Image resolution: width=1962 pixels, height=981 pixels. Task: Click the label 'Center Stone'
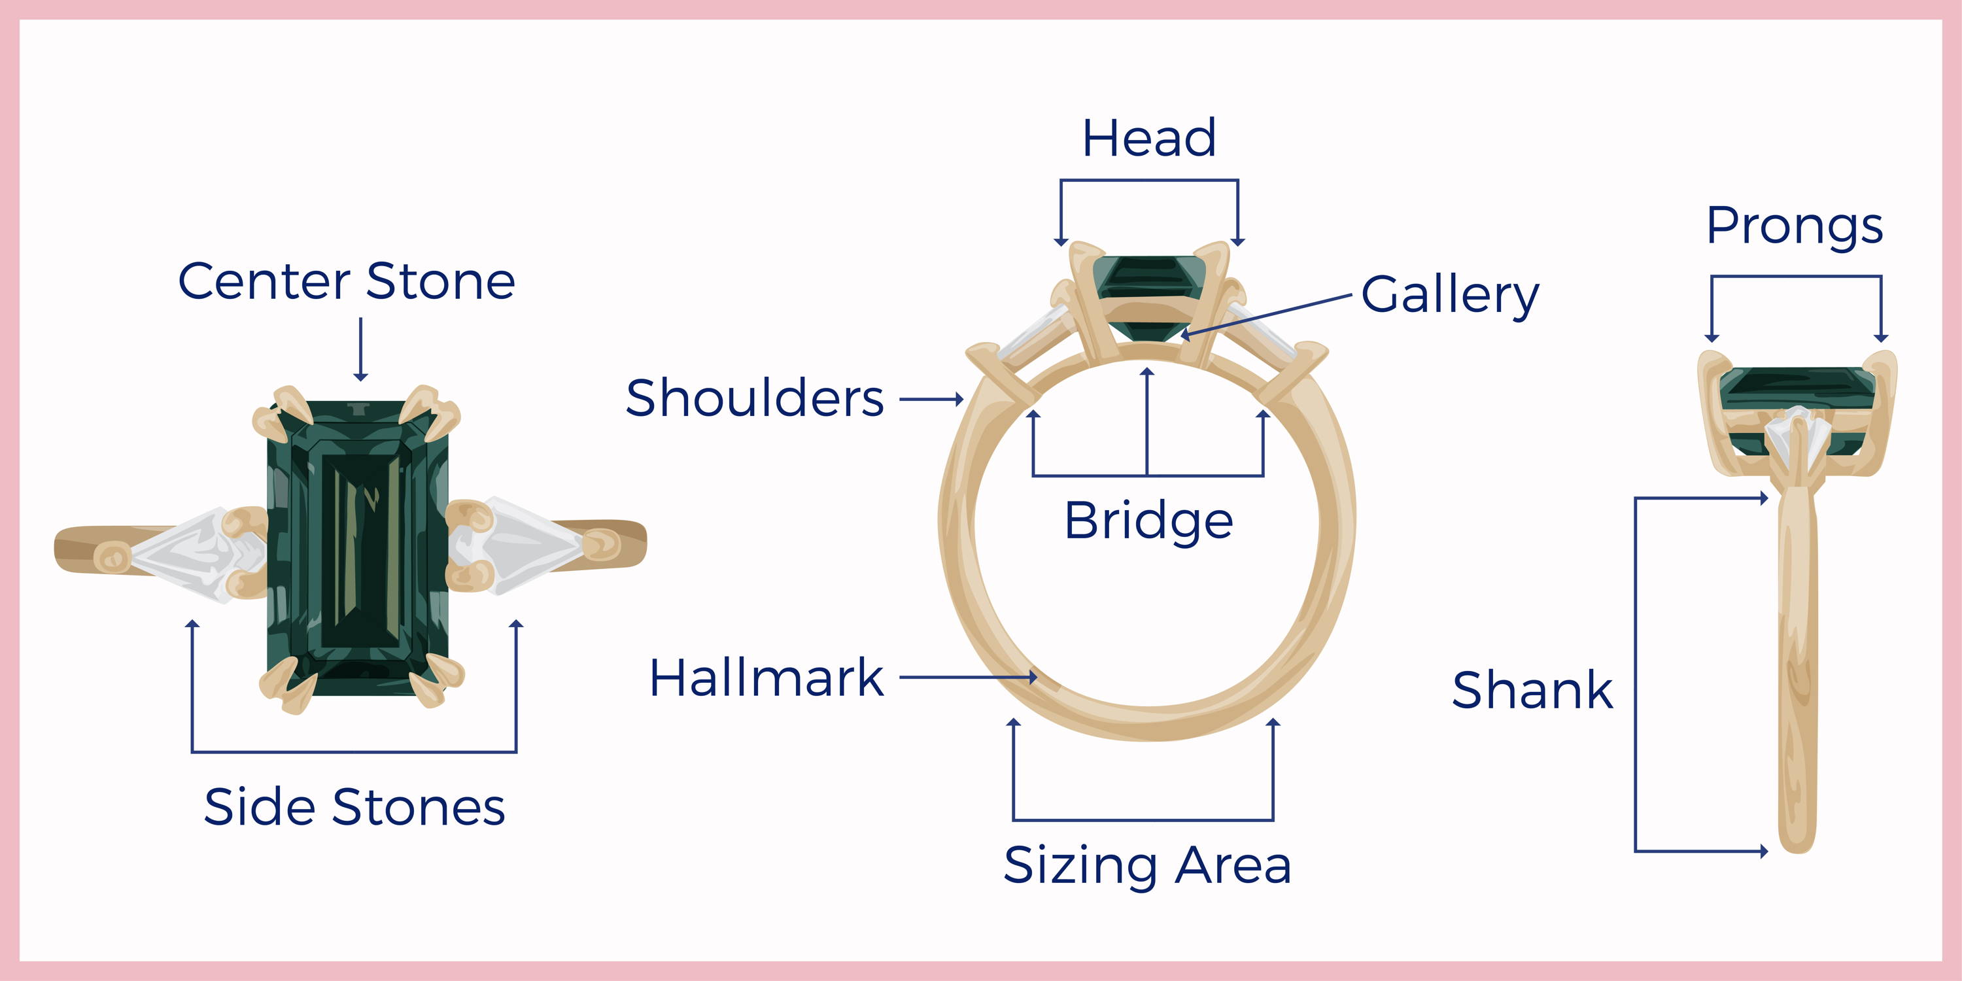pyautogui.click(x=347, y=281)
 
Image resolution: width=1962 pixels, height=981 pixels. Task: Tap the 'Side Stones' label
pyautogui.click(x=354, y=806)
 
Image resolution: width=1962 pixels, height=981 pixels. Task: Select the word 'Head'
pyautogui.click(x=1149, y=139)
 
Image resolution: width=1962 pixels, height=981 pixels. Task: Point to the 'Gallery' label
pyautogui.click(x=1449, y=296)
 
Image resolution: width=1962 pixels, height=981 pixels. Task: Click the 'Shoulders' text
pyautogui.click(x=755, y=398)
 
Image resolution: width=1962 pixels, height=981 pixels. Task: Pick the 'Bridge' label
pyautogui.click(x=1148, y=521)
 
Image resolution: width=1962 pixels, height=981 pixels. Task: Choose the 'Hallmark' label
pyautogui.click(x=766, y=677)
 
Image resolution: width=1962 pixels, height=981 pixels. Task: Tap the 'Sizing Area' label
pyautogui.click(x=1147, y=867)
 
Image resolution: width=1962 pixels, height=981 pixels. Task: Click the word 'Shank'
pyautogui.click(x=1532, y=690)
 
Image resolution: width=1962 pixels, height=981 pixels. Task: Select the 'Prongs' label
pyautogui.click(x=1795, y=227)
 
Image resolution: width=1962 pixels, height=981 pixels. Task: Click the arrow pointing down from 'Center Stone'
pyautogui.click(x=361, y=349)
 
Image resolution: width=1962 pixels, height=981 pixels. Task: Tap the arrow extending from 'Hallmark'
pyautogui.click(x=968, y=676)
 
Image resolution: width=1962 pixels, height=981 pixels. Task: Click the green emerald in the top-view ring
pyautogui.click(x=358, y=549)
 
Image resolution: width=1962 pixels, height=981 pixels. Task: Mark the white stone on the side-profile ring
pyautogui.click(x=1796, y=438)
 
